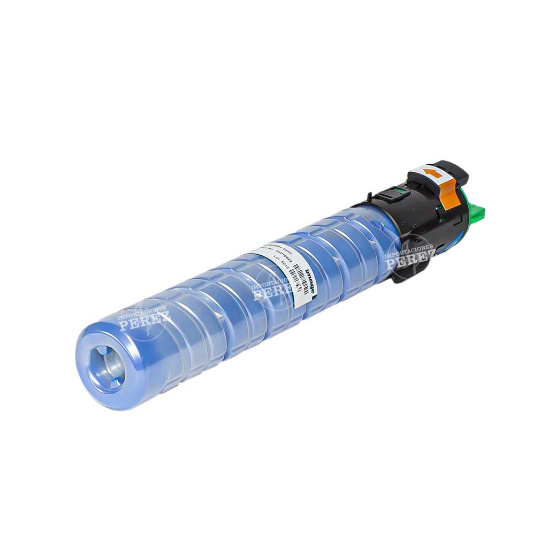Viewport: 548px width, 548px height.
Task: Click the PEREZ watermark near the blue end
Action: [144, 321]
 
